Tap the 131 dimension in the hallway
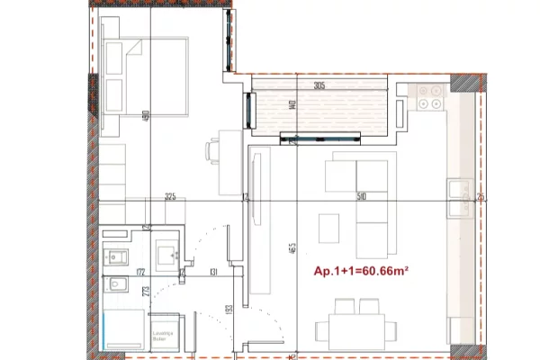pyautogui.click(x=214, y=271)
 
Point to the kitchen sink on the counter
pyautogui.click(x=460, y=200)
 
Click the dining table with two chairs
pyautogui.click(x=356, y=329)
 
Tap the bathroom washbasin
pyautogui.click(x=166, y=256)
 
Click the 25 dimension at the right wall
pyautogui.click(x=481, y=196)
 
